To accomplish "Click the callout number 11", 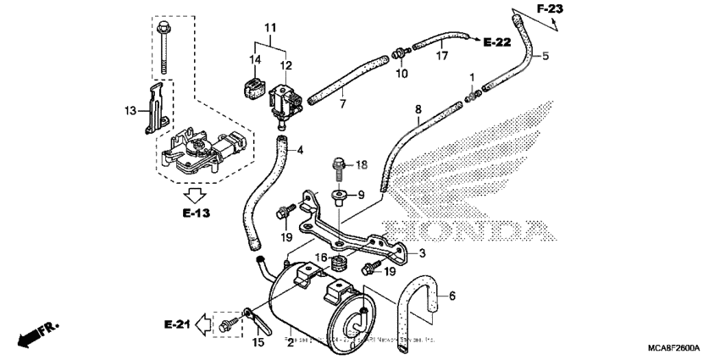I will [x=269, y=29].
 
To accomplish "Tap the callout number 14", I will [x=254, y=59].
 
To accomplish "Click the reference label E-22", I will [x=497, y=41].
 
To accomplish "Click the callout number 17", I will [x=440, y=57].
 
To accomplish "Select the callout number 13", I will [x=130, y=110].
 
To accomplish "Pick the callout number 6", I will [x=452, y=296].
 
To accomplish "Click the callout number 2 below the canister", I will [x=290, y=342].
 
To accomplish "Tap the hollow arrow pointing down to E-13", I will [x=196, y=193].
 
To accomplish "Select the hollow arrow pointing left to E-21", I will [x=203, y=323].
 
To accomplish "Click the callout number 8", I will [x=418, y=109].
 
